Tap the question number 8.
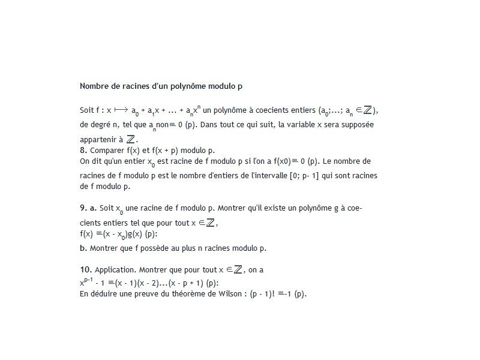(x=83, y=150)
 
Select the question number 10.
(x=85, y=270)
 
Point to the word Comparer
(x=106, y=150)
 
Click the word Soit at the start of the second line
(x=86, y=111)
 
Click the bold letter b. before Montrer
(x=83, y=248)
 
